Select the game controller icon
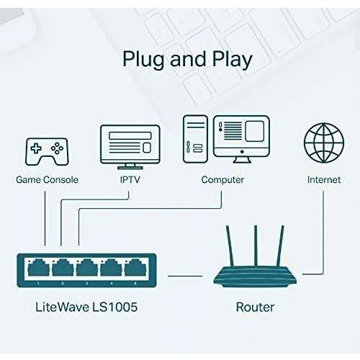click(47, 150)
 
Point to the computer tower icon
click(196, 138)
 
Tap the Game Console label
click(47, 179)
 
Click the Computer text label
click(222, 179)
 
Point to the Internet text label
click(323, 179)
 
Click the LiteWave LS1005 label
click(86, 307)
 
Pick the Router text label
click(255, 307)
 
